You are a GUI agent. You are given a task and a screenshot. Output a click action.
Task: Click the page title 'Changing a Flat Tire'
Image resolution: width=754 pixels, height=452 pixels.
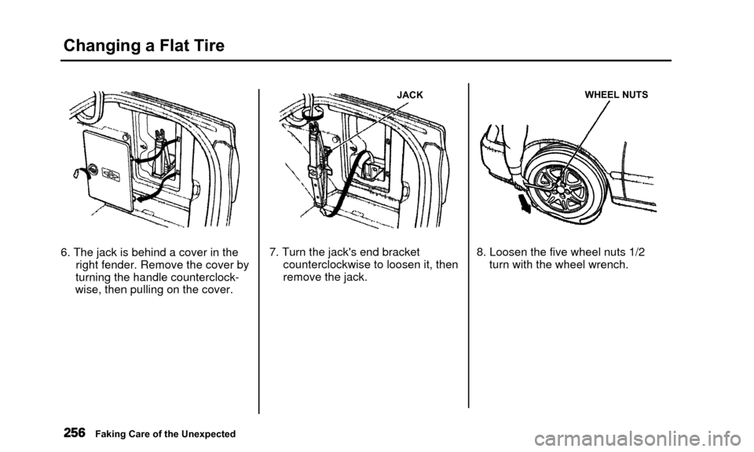point(144,46)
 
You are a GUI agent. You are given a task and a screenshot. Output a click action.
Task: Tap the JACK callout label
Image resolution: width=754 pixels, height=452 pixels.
point(410,95)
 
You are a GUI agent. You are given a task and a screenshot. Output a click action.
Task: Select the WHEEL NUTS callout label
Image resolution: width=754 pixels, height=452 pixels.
point(616,95)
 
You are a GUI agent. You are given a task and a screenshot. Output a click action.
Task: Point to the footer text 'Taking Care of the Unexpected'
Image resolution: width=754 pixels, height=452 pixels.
point(166,434)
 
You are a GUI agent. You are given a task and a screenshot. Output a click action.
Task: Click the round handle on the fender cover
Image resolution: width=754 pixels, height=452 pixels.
point(93,170)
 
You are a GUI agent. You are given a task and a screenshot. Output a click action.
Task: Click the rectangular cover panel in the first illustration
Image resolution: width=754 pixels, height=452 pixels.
point(108,170)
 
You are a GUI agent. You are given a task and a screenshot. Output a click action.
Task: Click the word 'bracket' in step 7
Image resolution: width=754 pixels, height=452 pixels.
point(401,252)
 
